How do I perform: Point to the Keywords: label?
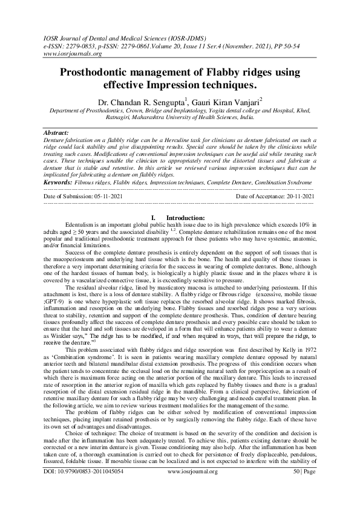59,181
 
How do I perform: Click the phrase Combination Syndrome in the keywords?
284,181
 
